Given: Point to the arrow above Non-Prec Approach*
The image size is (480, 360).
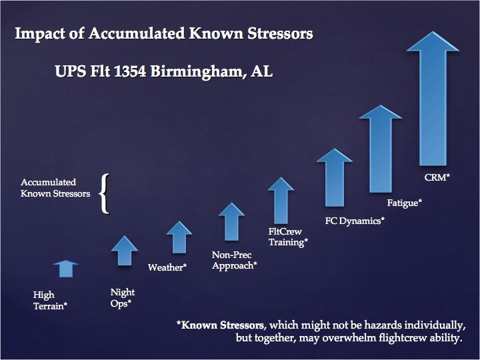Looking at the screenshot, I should pyautogui.click(x=231, y=221).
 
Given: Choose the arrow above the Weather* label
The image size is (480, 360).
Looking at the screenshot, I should pyautogui.click(x=179, y=237).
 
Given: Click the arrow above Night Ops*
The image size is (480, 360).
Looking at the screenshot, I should pyautogui.click(x=125, y=251).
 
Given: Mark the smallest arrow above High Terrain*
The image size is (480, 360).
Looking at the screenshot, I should pyautogui.click(x=65, y=268).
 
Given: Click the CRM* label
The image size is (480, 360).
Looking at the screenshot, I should pyautogui.click(x=437, y=178).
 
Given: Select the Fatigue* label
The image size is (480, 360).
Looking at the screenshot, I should pyautogui.click(x=405, y=201).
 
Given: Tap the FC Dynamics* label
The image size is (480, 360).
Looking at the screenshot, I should pyautogui.click(x=355, y=219).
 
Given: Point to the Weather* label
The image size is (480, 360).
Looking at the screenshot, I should pyautogui.click(x=167, y=267).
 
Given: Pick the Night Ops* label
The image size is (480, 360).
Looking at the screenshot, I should pyautogui.click(x=122, y=297).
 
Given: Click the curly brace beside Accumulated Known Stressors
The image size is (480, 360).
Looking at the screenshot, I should pyautogui.click(x=104, y=194).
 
